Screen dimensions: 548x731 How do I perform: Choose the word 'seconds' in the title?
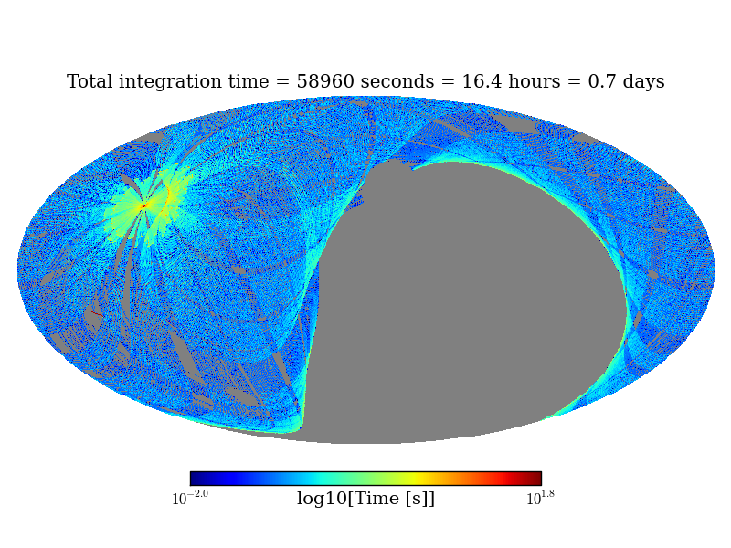(398, 82)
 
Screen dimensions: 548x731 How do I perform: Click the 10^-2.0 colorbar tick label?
(190, 498)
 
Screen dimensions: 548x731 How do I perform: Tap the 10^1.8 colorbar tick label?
(540, 498)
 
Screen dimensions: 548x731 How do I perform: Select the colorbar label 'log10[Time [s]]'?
(365, 499)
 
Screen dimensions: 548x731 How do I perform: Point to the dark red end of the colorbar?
(535, 479)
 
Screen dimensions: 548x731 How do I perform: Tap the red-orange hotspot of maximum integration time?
(143, 206)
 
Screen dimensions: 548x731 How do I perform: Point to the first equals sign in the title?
(284, 83)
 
